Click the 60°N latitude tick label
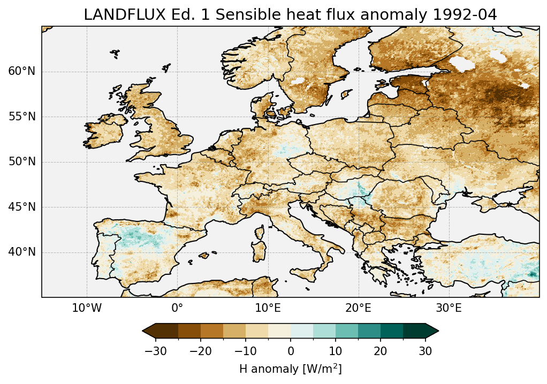pyautogui.click(x=22, y=72)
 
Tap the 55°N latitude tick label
pyautogui.click(x=22, y=117)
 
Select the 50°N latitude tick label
pyautogui.click(x=22, y=162)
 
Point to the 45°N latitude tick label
pyautogui.click(x=22, y=207)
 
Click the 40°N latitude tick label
pyautogui.click(x=22, y=252)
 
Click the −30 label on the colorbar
pyautogui.click(x=155, y=351)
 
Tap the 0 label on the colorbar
pyautogui.click(x=291, y=351)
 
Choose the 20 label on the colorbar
pyautogui.click(x=381, y=351)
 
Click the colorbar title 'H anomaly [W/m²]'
pyautogui.click(x=291, y=368)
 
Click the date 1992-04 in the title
pyautogui.click(x=464, y=15)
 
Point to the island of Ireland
pyautogui.click(x=105, y=130)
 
